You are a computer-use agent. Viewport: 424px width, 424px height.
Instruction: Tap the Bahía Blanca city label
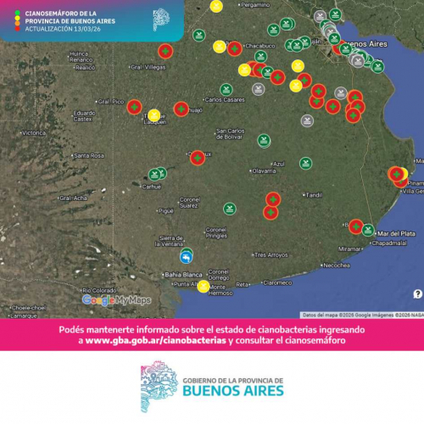point(183,275)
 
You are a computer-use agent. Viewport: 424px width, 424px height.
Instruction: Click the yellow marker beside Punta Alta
point(204,287)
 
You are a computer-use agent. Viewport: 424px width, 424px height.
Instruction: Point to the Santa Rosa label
point(88,156)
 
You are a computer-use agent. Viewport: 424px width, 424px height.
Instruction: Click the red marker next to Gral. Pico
point(134,107)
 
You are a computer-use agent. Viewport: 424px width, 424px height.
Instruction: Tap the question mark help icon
point(417,293)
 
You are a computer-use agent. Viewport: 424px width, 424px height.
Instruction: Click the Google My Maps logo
point(116,299)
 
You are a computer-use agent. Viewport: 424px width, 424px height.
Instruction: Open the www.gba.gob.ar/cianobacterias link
point(157,340)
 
